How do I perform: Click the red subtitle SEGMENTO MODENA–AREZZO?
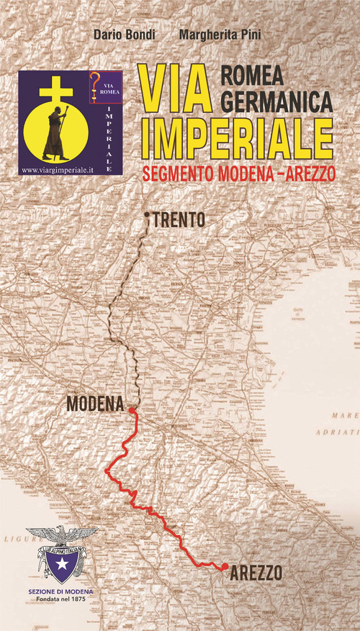pos(240,175)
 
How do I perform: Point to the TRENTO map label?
pos(179,220)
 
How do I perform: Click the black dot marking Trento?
pos(146,215)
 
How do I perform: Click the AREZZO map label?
pos(256,573)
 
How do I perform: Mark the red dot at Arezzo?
pos(225,566)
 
